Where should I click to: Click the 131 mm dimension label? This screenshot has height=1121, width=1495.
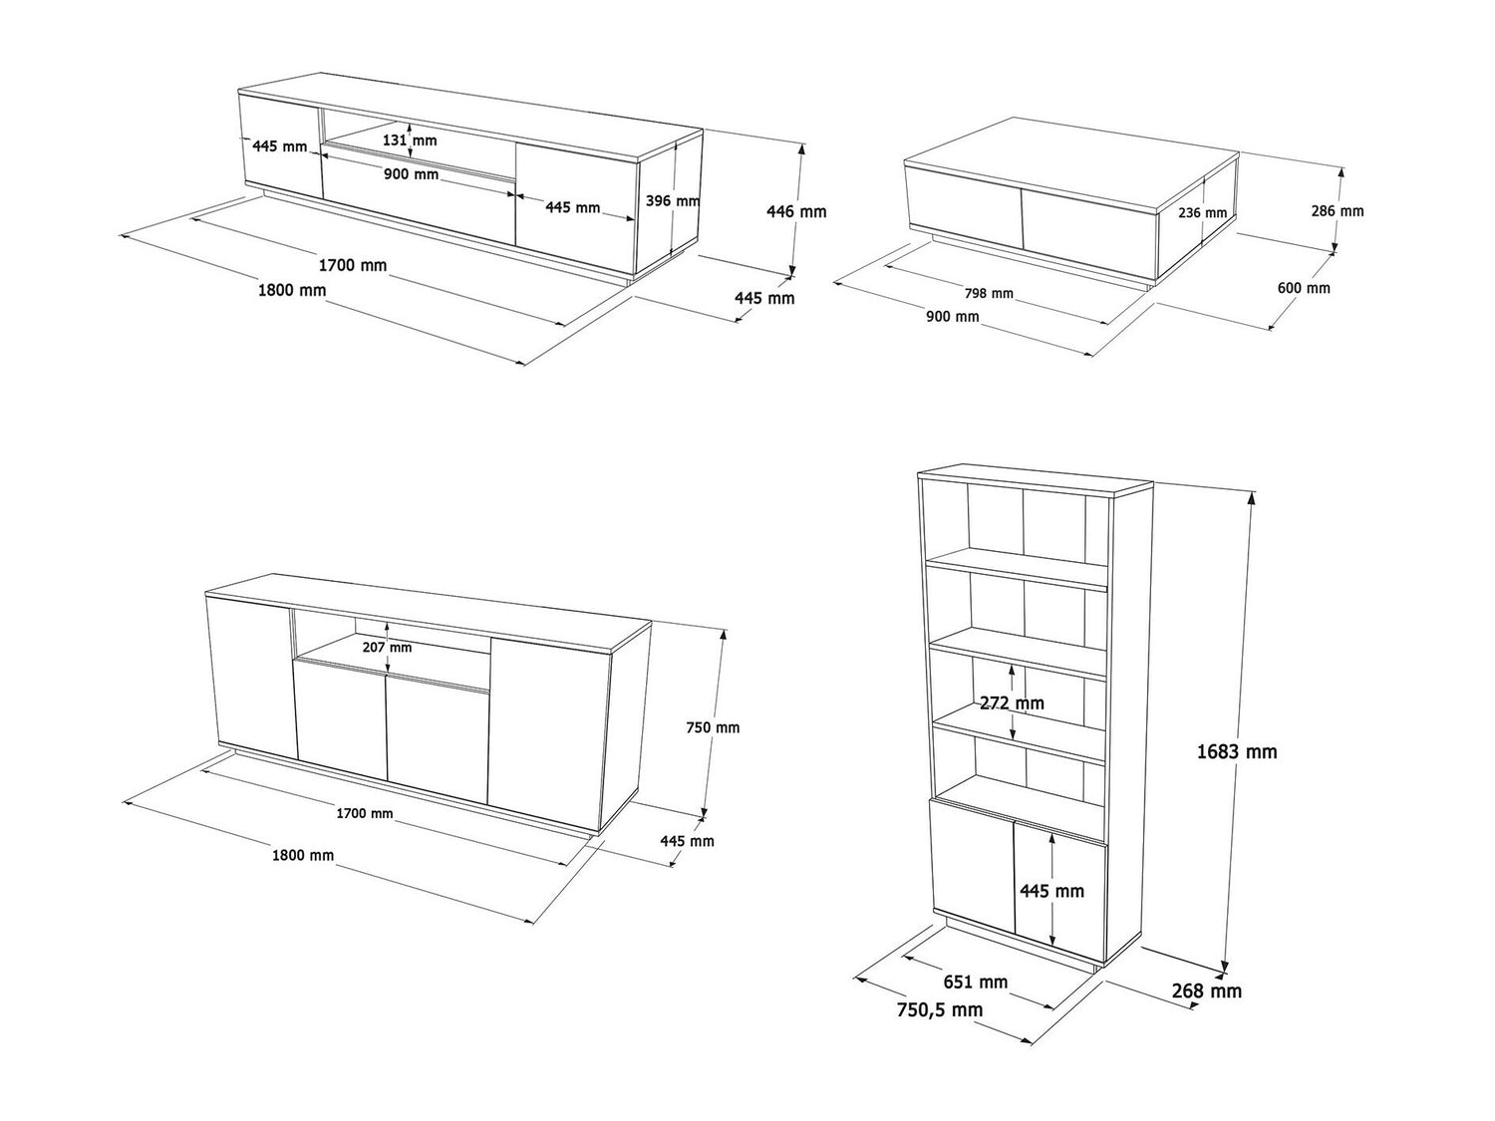click(410, 140)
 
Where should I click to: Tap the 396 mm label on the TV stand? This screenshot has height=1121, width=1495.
click(672, 201)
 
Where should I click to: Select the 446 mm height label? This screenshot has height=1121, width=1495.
click(796, 211)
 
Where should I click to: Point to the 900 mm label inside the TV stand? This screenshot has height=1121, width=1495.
click(411, 174)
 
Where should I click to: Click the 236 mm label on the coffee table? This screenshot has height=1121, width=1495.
click(1203, 213)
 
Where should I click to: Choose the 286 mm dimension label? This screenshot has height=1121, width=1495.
click(1338, 211)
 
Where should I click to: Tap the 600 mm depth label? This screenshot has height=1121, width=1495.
click(1304, 288)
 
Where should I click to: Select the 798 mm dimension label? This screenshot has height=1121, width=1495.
click(989, 293)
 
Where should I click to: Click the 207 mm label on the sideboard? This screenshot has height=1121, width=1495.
click(387, 648)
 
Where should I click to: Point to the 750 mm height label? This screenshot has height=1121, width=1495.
click(713, 727)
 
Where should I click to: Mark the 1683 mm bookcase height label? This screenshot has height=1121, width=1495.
click(1237, 751)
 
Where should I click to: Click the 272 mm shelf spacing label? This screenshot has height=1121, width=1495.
click(1012, 702)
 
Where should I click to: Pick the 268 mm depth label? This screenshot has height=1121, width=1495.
click(1206, 991)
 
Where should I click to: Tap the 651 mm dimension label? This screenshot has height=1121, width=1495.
click(976, 982)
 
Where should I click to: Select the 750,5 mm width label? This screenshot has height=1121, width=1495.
click(939, 1010)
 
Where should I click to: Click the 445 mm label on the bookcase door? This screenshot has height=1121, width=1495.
click(1051, 891)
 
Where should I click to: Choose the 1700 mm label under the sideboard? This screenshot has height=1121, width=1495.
click(365, 813)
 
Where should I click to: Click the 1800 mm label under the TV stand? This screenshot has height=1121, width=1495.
click(292, 291)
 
